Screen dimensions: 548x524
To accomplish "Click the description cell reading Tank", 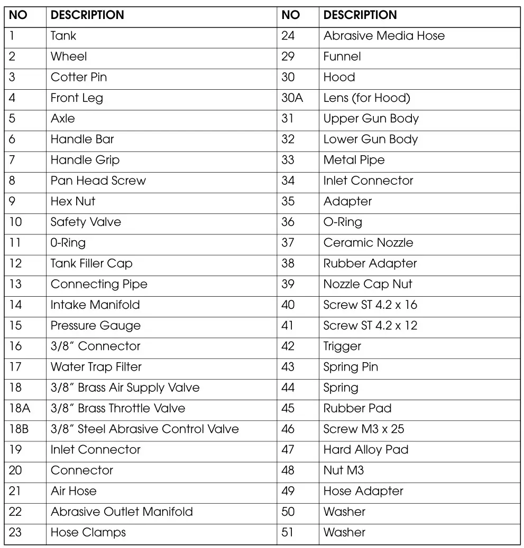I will coord(63,36).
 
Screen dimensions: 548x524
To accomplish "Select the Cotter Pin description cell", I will coord(79,77).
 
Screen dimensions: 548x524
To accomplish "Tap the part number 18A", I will coord(19,408).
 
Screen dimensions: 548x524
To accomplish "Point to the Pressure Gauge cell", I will coord(96,326).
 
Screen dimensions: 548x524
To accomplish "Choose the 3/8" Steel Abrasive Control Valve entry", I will coord(144,429).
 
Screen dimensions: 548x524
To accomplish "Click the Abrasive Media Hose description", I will coord(384,36).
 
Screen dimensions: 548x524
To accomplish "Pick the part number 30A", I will coord(292,98).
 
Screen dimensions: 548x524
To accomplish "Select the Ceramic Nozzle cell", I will coord(368,243).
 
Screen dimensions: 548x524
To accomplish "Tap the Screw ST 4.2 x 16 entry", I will coord(370,305).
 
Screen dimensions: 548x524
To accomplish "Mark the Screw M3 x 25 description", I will coord(364,429).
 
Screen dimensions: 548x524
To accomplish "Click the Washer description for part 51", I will coord(344,532).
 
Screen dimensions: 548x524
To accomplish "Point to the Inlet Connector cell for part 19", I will coord(96,450).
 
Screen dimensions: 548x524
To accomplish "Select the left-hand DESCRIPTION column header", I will coord(87,15).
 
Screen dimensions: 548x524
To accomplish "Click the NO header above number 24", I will coord(291,15).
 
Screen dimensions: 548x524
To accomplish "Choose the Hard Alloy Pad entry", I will coord(366,450).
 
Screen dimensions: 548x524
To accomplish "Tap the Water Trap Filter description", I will coord(96,367).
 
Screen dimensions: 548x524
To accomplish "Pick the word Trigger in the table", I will coord(342,346).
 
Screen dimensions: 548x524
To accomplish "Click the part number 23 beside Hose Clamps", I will coord(15,532).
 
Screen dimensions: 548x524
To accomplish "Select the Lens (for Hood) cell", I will coord(366,98).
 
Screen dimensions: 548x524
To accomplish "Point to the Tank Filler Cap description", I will coord(91,263).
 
